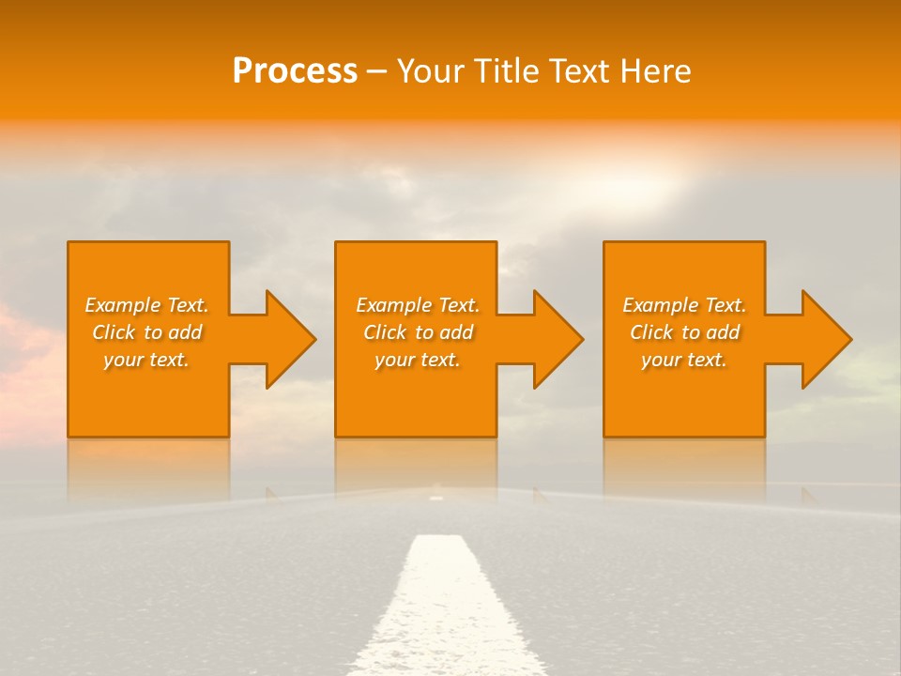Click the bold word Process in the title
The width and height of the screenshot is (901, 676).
295,71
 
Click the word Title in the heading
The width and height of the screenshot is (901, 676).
507,71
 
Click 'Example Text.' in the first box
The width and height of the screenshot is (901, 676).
146,305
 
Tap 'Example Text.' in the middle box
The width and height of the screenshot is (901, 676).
417,305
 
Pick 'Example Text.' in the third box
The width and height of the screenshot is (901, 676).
684,305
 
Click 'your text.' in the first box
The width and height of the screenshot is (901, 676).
146,360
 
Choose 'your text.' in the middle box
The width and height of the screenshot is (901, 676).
417,360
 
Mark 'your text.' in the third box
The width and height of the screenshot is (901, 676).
684,360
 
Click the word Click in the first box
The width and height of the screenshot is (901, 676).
114,332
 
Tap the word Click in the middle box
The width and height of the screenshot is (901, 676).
385,332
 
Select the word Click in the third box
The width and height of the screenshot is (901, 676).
651,332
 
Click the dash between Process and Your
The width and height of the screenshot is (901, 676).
376,72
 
